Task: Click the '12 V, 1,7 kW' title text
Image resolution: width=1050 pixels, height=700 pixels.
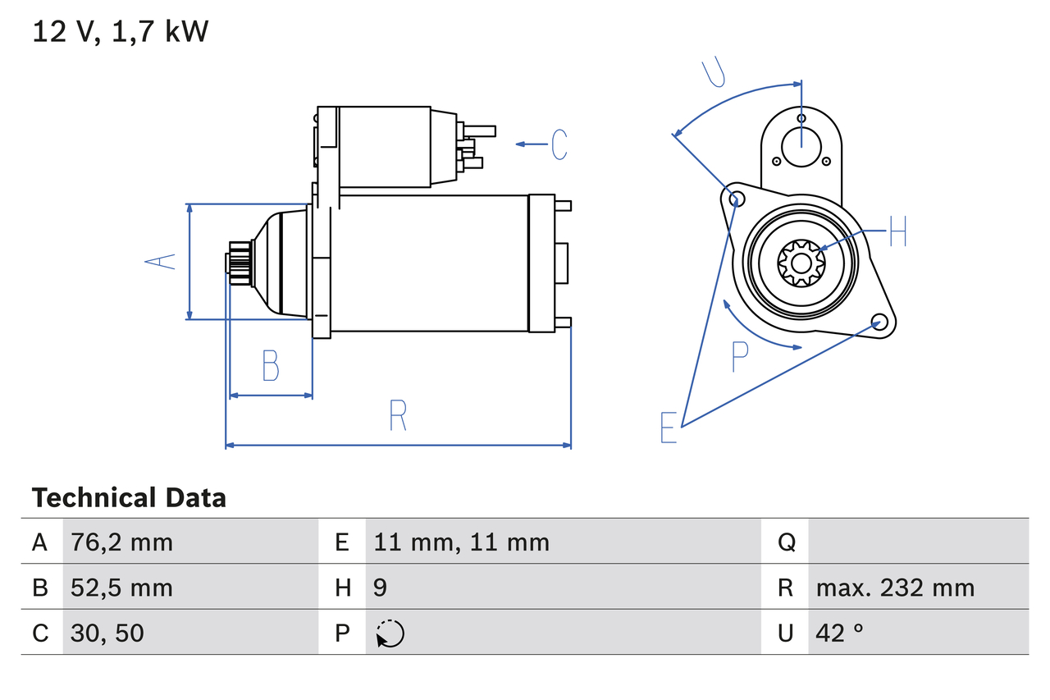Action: pos(121,31)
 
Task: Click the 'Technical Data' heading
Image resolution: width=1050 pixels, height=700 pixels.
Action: pos(129,498)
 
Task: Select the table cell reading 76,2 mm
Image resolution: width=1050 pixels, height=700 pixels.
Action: pos(122,542)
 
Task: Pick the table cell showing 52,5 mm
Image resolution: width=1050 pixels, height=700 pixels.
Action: pos(122,588)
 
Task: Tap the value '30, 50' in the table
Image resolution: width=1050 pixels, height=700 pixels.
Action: pos(108,633)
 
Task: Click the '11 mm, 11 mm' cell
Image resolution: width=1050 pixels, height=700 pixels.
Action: pos(462,542)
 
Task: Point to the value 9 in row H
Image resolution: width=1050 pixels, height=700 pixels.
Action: pos(381,588)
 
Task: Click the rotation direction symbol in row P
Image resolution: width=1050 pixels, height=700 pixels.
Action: pos(390,634)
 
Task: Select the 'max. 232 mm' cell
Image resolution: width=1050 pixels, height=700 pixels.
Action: pos(895,588)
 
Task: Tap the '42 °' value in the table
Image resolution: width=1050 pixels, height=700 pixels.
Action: pos(840,633)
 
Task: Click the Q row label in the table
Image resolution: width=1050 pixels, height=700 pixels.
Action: pos(786,542)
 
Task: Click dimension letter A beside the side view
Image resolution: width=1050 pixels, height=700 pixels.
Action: pos(161,261)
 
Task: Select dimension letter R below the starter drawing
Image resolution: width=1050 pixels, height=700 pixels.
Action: pos(398,415)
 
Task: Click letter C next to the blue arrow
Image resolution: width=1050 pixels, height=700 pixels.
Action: pos(559,144)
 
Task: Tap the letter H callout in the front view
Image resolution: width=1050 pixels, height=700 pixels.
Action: pos(897,231)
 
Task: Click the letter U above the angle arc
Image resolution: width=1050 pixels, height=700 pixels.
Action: pos(714,72)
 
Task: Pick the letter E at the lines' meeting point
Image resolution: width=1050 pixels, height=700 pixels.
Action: pos(669,428)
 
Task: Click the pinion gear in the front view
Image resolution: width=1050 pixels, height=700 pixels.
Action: pos(801,263)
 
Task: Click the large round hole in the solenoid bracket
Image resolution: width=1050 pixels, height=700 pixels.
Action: pos(801,146)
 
